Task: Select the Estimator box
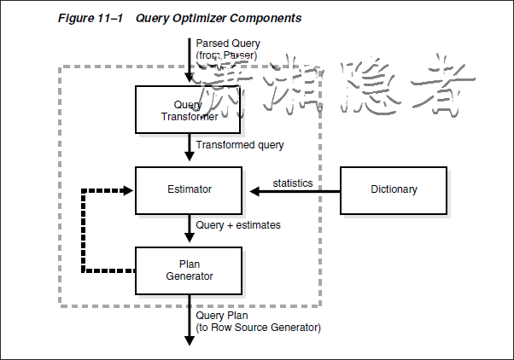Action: click(x=189, y=189)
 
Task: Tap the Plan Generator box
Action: click(x=189, y=270)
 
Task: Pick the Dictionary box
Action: click(x=394, y=189)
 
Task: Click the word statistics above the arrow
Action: click(x=292, y=183)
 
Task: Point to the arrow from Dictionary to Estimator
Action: click(x=290, y=190)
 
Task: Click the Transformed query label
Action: click(x=239, y=145)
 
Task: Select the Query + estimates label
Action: click(x=238, y=225)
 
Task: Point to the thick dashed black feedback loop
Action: click(x=83, y=230)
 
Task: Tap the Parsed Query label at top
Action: click(x=227, y=43)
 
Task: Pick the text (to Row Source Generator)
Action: click(x=258, y=328)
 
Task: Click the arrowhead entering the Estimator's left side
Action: click(x=130, y=189)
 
